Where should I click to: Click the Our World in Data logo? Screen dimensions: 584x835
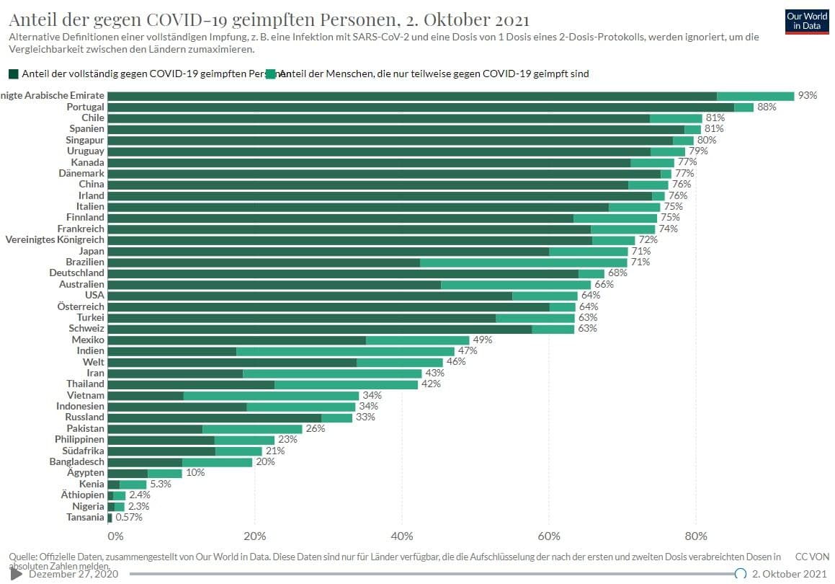[x=807, y=20]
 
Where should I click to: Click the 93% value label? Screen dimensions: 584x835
[x=808, y=96]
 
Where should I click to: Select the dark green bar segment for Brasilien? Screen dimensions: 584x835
[x=264, y=262]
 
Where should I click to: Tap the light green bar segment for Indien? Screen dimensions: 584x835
[x=345, y=351]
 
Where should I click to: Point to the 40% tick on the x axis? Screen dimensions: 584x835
[x=401, y=536]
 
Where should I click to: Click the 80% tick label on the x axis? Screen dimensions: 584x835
[x=695, y=536]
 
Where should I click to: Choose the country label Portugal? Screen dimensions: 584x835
[x=85, y=107]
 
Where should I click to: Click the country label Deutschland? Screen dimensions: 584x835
[x=76, y=273]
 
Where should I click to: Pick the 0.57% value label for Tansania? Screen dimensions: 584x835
[x=129, y=518]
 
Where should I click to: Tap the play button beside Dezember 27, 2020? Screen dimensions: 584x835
[x=17, y=574]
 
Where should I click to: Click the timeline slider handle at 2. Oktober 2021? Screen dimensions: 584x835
[x=740, y=574]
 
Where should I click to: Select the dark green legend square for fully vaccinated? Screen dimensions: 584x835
[x=14, y=74]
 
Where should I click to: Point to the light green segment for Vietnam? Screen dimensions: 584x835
[x=271, y=396]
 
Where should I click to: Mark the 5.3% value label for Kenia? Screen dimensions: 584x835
[x=161, y=485]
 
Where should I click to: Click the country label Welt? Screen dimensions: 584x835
[x=94, y=362]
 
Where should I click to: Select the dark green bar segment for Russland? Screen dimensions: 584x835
[x=214, y=417]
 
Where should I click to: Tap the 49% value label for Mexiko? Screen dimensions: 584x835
[x=482, y=340]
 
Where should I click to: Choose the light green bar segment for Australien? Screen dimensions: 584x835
[x=516, y=285]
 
